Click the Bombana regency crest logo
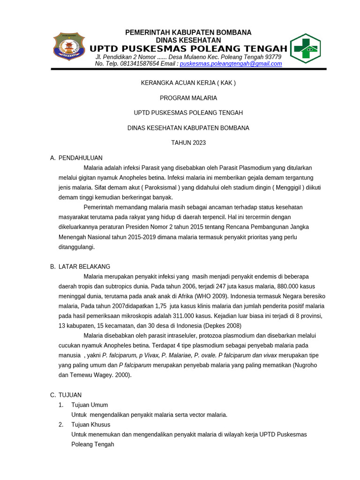click(x=69, y=46)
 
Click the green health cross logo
click(x=305, y=48)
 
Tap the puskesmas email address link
click(x=231, y=64)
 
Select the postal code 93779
click(x=273, y=57)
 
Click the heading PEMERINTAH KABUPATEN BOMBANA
click(x=188, y=32)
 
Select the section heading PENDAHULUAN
click(x=81, y=158)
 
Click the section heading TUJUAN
click(x=70, y=395)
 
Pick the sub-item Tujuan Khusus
click(x=90, y=425)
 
